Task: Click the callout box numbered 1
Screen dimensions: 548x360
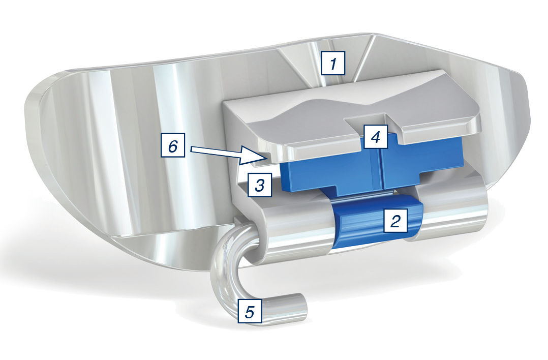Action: pos(333,63)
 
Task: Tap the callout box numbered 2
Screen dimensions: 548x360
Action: pos(395,220)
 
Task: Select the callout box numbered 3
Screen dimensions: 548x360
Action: pos(260,184)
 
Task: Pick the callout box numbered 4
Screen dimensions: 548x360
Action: pos(376,136)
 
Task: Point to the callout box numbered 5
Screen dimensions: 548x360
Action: pos(250,311)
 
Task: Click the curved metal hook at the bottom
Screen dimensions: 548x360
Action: pos(224,276)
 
